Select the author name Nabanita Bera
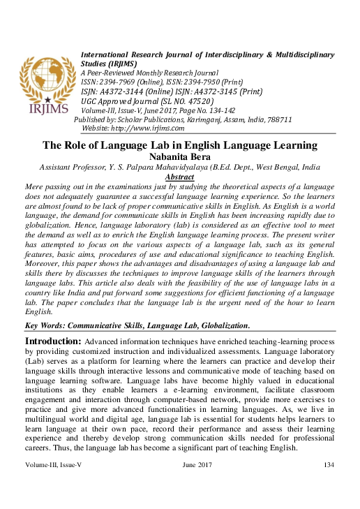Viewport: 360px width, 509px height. click(180, 157)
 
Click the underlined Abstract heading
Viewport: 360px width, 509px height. click(180, 177)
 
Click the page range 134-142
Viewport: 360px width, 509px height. click(210, 110)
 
